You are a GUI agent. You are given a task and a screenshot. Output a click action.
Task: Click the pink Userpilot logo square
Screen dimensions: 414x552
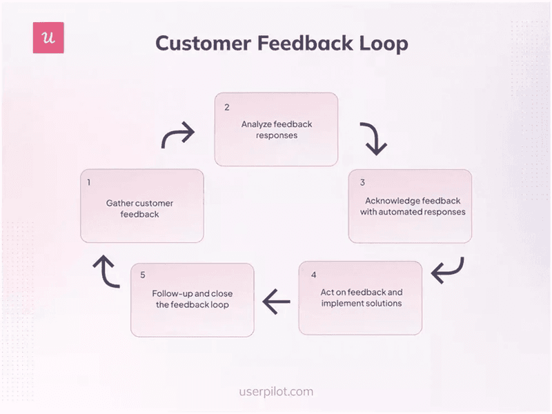pos(48,38)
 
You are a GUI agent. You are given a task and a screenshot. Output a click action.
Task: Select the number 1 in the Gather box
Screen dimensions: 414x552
pos(89,183)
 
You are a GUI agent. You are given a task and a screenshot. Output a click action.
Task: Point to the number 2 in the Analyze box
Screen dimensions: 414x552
pos(226,107)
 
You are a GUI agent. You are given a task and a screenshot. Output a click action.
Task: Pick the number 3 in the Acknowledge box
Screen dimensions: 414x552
pos(362,183)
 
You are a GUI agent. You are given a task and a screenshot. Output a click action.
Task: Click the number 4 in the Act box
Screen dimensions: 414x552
pos(313,275)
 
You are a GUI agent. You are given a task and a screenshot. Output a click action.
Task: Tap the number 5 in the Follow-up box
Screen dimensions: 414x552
pos(143,275)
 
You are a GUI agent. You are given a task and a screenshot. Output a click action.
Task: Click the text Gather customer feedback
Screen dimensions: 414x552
pos(140,209)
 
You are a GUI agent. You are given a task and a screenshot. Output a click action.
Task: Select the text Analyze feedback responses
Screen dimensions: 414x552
pos(277,130)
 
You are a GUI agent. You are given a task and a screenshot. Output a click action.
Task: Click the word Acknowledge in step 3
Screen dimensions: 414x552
pos(391,201)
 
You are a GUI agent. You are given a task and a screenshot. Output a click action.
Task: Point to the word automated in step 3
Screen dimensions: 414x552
pos(405,212)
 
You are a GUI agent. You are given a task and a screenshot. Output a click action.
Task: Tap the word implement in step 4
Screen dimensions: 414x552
pos(337,304)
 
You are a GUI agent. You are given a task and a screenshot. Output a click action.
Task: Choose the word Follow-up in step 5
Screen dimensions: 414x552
pos(172,293)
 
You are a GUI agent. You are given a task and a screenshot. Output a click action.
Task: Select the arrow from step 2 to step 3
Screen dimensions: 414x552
pos(373,138)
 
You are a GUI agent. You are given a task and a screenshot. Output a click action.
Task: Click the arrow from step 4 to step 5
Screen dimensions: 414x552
pos(276,300)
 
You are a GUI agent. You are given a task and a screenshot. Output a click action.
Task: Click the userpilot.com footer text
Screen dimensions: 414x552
pos(276,392)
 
